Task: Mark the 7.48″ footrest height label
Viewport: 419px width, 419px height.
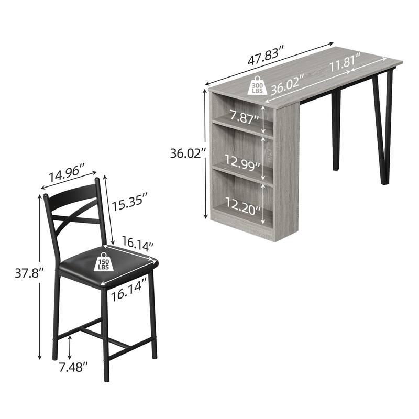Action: click(x=72, y=367)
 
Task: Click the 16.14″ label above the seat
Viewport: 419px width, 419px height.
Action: click(x=137, y=245)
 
